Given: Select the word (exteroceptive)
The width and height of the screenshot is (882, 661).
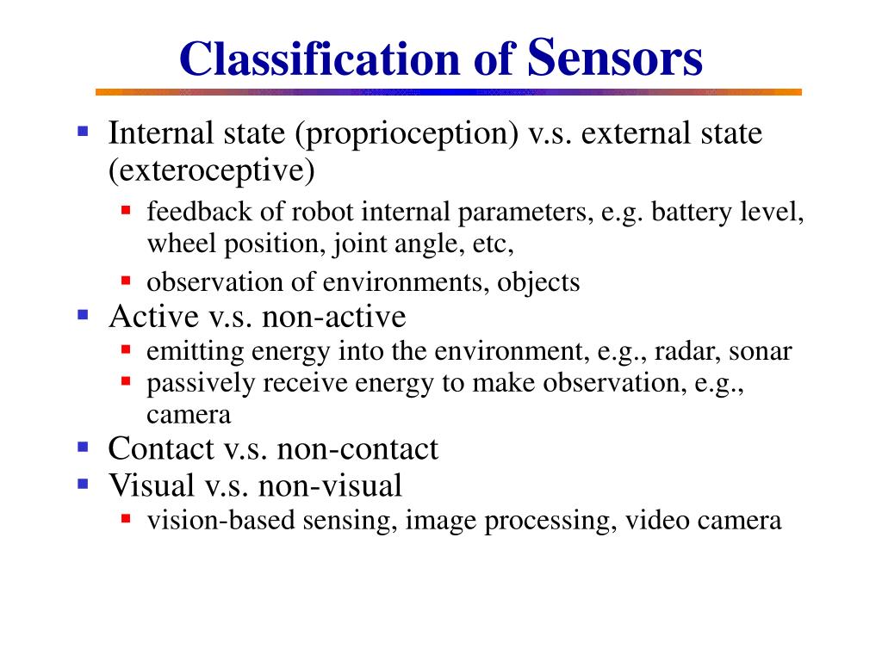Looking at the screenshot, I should coord(212,170).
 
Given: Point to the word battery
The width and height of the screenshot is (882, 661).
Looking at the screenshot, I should coord(693,212).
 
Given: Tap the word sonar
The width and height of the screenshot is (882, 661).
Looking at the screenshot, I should coord(761,352).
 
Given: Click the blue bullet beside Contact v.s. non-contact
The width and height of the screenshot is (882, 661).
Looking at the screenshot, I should coord(83,447).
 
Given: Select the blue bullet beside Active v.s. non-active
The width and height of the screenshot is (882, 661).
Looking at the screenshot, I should coord(83,315).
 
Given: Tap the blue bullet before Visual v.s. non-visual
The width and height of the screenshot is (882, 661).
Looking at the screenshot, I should coord(83,484).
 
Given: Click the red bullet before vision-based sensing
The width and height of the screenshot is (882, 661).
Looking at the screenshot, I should coord(126,518).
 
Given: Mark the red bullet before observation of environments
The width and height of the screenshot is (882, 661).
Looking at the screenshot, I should coord(126,281).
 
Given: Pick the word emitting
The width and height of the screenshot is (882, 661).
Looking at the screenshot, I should coord(196,352).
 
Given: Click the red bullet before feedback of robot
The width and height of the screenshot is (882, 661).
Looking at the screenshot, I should coord(126,209).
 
